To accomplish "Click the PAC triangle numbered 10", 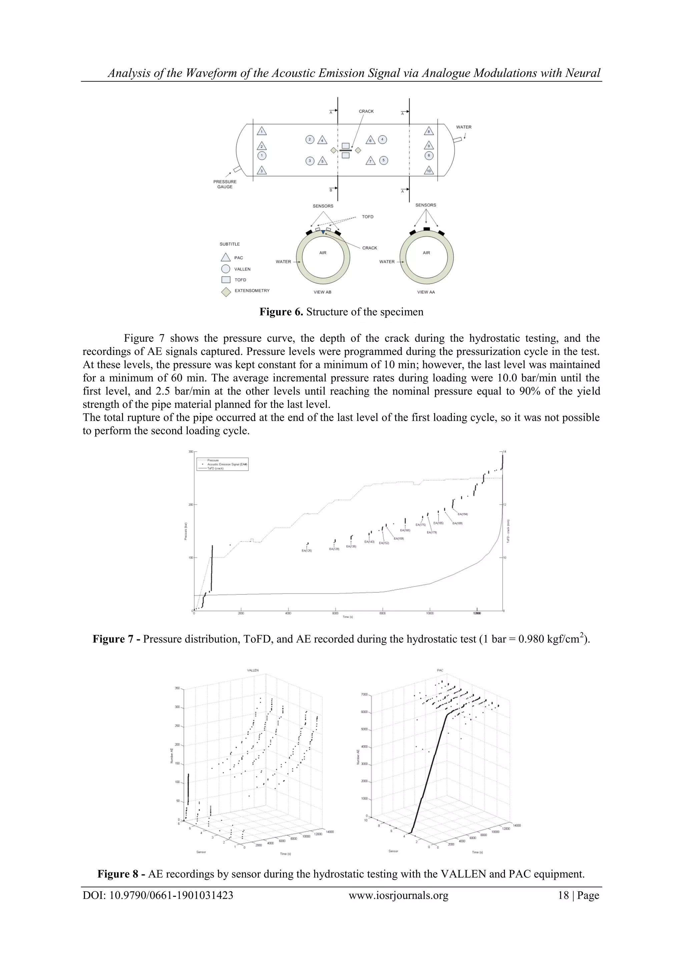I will click(x=429, y=171).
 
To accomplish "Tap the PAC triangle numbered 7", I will click(x=370, y=161).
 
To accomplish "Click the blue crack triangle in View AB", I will click(x=323, y=232).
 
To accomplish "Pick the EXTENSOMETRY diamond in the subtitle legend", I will click(x=226, y=291).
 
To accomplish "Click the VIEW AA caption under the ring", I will click(x=426, y=292).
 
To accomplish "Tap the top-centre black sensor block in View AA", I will click(x=426, y=229).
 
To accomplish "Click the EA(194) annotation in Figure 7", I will click(x=463, y=514).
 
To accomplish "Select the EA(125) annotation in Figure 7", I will click(x=307, y=550).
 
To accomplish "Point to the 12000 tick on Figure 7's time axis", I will click(x=477, y=613).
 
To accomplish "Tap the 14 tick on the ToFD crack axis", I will click(x=505, y=452).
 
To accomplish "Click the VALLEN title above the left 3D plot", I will click(x=252, y=670).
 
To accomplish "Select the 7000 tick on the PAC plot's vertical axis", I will click(x=365, y=694).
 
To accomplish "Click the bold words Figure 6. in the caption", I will click(x=281, y=312).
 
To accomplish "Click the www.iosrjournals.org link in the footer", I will click(x=398, y=896).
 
